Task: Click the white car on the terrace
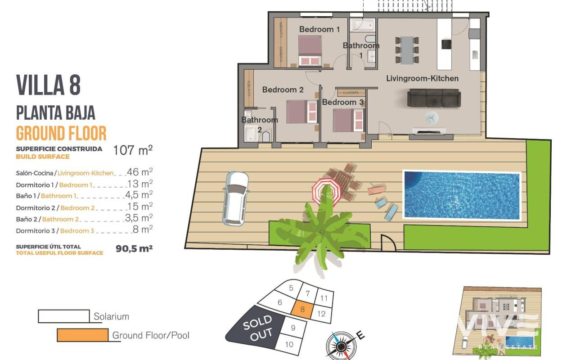235,198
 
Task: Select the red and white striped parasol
326,192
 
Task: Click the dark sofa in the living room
434,98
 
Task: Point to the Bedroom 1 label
319,29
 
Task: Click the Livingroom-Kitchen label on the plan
422,78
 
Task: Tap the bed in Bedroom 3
348,120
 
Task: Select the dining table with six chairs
407,50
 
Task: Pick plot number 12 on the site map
321,314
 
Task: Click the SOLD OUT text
258,328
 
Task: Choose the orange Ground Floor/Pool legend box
82,335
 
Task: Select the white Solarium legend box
64,316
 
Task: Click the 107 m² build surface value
133,150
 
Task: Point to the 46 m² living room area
139,172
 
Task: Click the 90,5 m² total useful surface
134,248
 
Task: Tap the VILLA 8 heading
48,85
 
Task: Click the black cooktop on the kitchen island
446,44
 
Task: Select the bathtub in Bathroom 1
363,25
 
